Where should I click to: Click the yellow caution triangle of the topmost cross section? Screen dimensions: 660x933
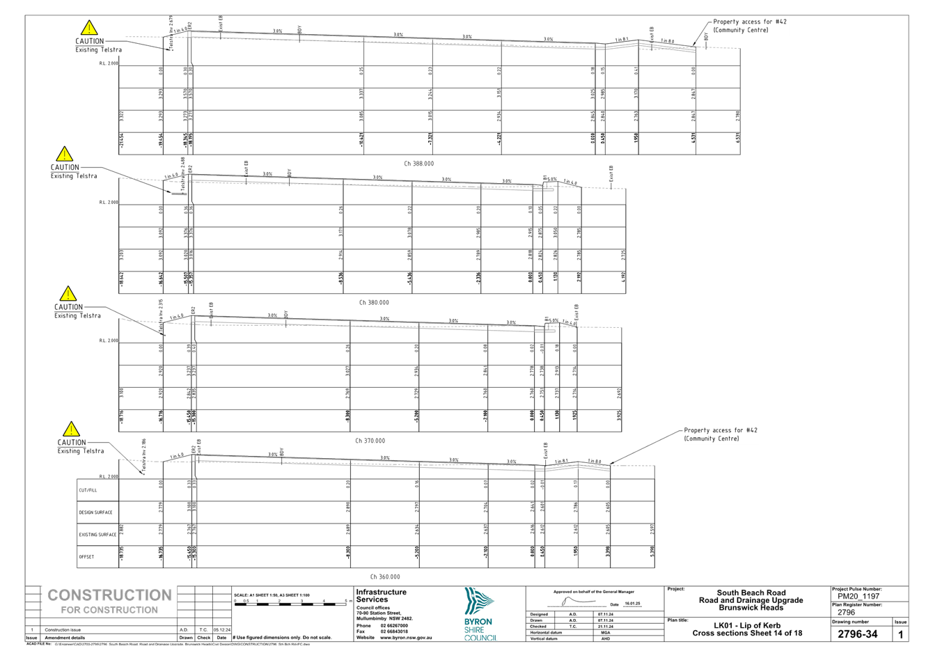point(89,28)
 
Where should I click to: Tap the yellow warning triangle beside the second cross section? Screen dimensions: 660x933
point(64,154)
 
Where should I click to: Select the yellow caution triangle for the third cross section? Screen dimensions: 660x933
point(68,293)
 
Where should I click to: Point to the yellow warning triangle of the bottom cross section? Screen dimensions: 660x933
point(70,429)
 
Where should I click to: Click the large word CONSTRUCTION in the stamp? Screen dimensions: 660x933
point(109,596)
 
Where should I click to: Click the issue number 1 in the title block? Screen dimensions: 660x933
point(900,634)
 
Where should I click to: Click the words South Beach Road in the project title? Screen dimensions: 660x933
point(751,593)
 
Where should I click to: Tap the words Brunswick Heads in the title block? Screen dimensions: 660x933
point(751,608)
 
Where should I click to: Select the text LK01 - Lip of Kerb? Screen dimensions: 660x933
point(748,626)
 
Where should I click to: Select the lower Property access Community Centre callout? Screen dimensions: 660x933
point(720,434)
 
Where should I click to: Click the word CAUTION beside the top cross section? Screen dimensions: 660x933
point(89,41)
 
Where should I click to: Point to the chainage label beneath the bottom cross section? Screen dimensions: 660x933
point(387,576)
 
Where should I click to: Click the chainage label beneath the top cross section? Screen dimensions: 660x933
point(418,164)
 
